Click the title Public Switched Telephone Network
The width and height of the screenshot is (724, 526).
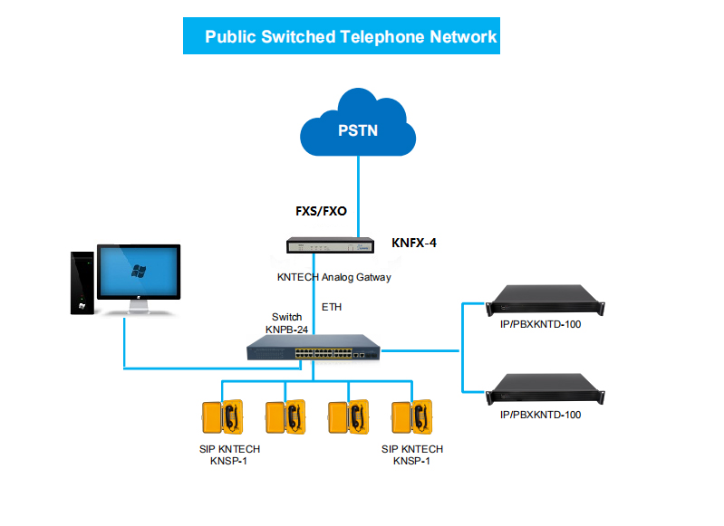(351, 37)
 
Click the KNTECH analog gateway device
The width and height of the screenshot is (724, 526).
(329, 244)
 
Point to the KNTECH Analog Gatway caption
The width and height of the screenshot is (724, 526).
(333, 277)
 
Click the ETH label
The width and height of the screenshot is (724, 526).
(332, 308)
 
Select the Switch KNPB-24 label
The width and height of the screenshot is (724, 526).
(287, 323)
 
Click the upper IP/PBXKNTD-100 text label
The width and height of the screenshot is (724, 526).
(540, 325)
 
